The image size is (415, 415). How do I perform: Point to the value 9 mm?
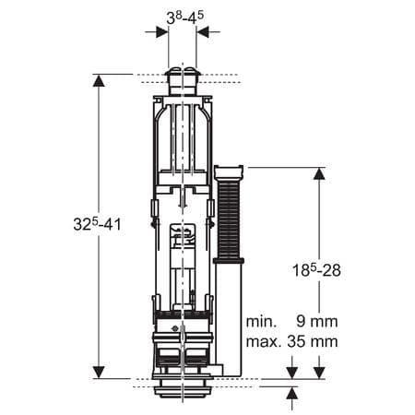pyautogui.click(x=316, y=323)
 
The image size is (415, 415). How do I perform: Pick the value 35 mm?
pyautogui.click(x=313, y=341)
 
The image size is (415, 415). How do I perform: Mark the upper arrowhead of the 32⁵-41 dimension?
pyautogui.click(x=99, y=81)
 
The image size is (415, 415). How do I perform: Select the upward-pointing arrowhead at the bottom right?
pyautogui.click(x=292, y=394)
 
